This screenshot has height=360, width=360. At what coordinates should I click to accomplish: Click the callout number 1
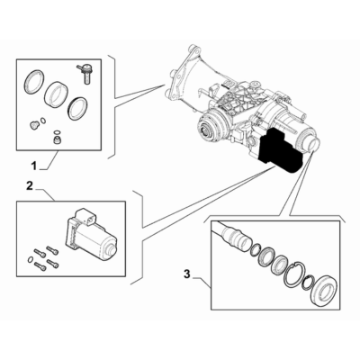pyautogui.click(x=34, y=166)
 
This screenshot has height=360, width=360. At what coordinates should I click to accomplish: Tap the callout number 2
pyautogui.click(x=29, y=186)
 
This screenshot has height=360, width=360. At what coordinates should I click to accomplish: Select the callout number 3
pyautogui.click(x=187, y=274)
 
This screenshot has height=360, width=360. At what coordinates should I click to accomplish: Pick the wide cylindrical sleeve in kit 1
pyautogui.click(x=56, y=94)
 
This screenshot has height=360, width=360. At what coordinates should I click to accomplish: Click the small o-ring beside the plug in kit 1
pyautogui.click(x=43, y=121)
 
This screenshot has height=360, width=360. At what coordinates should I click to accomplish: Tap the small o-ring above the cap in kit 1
pyautogui.click(x=56, y=132)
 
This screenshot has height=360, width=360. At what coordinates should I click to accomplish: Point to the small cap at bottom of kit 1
pyautogui.click(x=56, y=139)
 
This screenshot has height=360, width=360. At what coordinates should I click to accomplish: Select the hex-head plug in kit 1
pyautogui.click(x=34, y=124)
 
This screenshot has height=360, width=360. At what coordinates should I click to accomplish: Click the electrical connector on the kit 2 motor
pyautogui.click(x=86, y=216)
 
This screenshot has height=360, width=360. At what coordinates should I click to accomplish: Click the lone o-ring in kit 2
pyautogui.click(x=31, y=259)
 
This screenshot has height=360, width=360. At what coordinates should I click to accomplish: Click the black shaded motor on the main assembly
pyautogui.click(x=281, y=150)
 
